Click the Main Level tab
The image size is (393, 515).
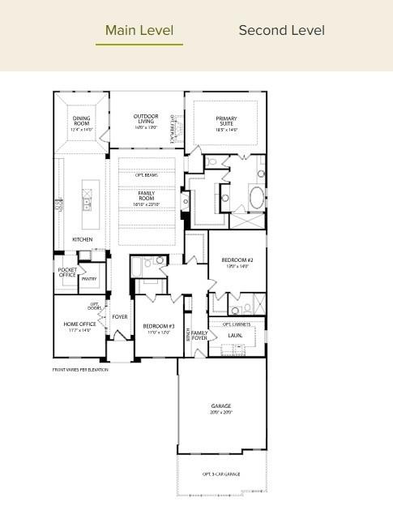pos(139,31)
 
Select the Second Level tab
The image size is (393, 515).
pos(281,31)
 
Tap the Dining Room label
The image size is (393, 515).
pos(81,122)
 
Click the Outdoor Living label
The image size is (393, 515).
pos(146,119)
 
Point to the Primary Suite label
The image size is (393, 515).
pos(226,122)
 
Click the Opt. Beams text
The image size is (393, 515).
pos(146,175)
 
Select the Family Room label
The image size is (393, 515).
pos(146,196)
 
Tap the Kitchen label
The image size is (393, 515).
pos(82,239)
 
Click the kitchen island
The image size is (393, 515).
pos(86,200)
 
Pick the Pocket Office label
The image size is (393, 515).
pos(67,273)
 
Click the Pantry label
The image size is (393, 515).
pos(89,278)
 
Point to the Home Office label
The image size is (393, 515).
pos(79,326)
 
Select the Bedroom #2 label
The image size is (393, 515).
pos(237,263)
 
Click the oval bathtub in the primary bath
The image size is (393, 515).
pos(255,198)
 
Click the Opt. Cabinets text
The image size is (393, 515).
pos(237,324)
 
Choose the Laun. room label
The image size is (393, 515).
pos(236,335)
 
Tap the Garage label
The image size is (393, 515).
pos(221,409)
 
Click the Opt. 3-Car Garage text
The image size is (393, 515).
pos(221,474)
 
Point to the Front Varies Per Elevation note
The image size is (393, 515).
pos(80,369)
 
